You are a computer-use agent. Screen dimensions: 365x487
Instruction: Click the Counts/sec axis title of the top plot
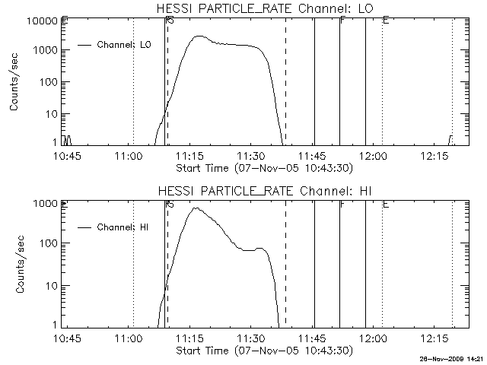(x=14, y=82)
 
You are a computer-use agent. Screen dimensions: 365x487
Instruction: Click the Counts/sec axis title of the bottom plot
(x=14, y=265)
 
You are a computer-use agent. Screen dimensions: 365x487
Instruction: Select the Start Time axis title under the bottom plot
(x=263, y=351)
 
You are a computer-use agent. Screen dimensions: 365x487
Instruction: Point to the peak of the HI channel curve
(x=196, y=208)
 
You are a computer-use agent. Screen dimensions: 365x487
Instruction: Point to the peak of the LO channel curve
(x=199, y=36)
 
